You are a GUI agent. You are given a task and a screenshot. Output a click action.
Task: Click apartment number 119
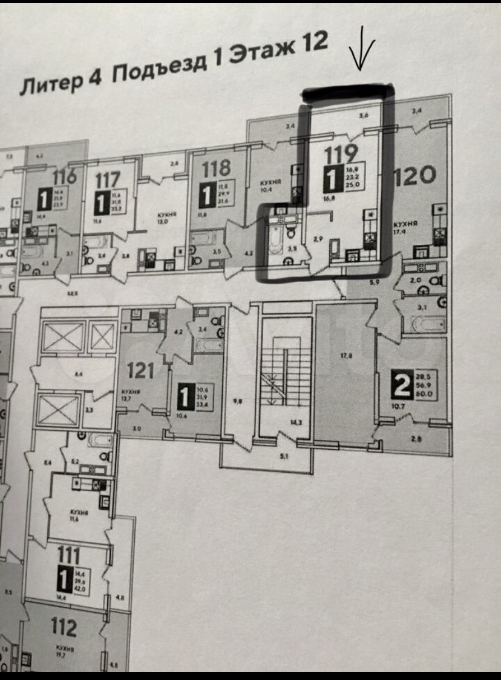(x=341, y=156)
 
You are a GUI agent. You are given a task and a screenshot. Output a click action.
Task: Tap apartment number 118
(x=217, y=167)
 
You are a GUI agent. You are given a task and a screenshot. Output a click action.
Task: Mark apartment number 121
(x=139, y=369)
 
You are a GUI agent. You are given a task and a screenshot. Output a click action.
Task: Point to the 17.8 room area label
(x=346, y=356)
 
